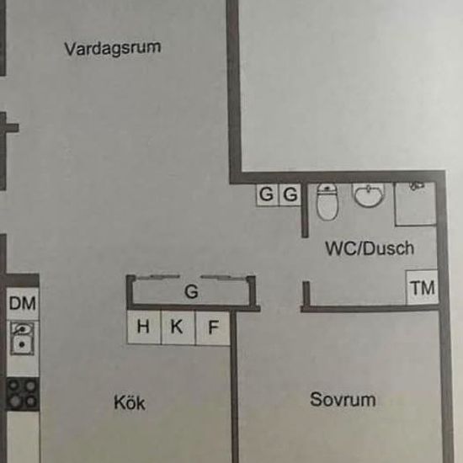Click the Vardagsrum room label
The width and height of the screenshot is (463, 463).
point(113,48)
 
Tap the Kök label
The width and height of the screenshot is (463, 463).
point(130,402)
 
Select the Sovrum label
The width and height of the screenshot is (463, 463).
point(343,400)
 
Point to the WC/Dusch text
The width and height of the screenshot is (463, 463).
point(370,248)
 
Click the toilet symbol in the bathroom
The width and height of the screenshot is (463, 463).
point(327,202)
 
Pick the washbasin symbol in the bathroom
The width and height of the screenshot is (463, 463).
point(369,195)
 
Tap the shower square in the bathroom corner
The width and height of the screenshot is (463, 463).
point(416,204)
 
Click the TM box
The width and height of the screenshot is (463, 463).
point(423,287)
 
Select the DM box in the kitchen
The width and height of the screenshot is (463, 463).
point(23,304)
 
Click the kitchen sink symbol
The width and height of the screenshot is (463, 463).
point(23,338)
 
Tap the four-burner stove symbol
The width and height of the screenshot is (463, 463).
point(23,394)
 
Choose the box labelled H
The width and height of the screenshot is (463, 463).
point(144,327)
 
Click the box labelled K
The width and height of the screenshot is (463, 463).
point(178,327)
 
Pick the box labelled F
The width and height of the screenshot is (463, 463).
point(213,327)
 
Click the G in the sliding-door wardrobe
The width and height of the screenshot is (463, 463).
point(191,292)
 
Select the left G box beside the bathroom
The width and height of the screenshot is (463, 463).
point(267,194)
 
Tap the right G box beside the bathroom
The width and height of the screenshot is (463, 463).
point(290,195)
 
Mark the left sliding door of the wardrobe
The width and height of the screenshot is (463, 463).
point(158,277)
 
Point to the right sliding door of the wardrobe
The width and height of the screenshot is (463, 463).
point(223,277)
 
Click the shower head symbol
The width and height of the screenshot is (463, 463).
point(417,186)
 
